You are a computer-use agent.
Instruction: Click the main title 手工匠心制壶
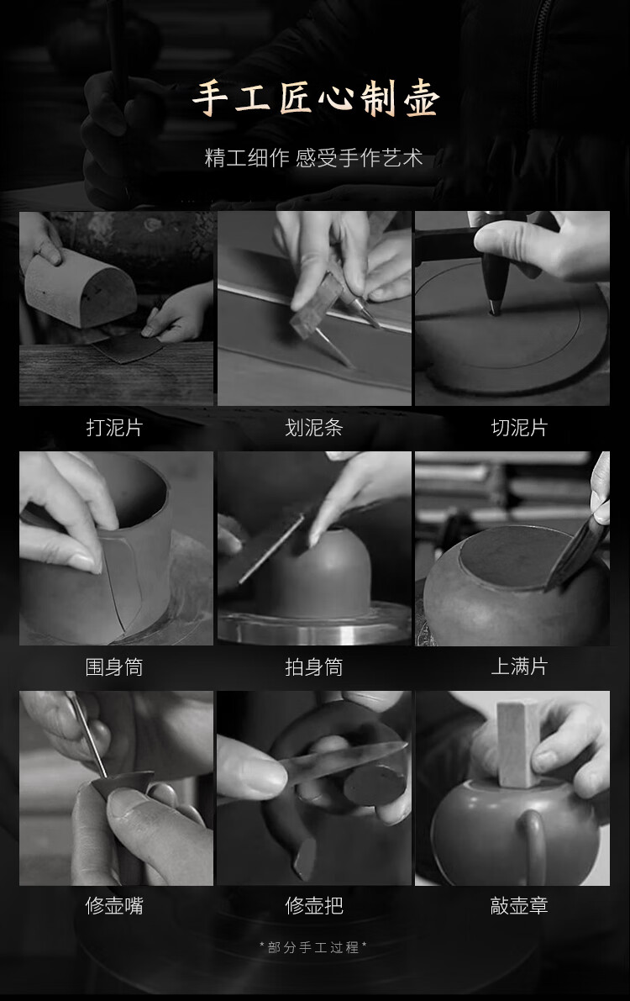tap(315, 99)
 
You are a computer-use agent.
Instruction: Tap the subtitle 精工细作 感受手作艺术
tap(313, 158)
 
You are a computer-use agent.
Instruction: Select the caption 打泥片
tap(114, 427)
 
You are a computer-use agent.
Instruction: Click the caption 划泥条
tap(314, 427)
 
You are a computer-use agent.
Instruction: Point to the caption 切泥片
tap(520, 427)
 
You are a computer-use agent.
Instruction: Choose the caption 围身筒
tap(114, 666)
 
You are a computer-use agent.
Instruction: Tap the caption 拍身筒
tap(314, 666)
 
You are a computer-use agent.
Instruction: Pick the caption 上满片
tap(520, 666)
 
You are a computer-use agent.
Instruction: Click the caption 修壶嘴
tap(114, 905)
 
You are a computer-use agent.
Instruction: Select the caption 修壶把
tap(314, 905)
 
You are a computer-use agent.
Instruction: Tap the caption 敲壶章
tap(520, 905)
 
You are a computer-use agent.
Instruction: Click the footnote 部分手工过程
tap(313, 947)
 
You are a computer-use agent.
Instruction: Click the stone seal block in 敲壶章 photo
tap(519, 745)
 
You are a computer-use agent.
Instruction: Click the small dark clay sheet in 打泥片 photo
tap(128, 347)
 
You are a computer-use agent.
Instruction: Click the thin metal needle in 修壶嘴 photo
tap(88, 735)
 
